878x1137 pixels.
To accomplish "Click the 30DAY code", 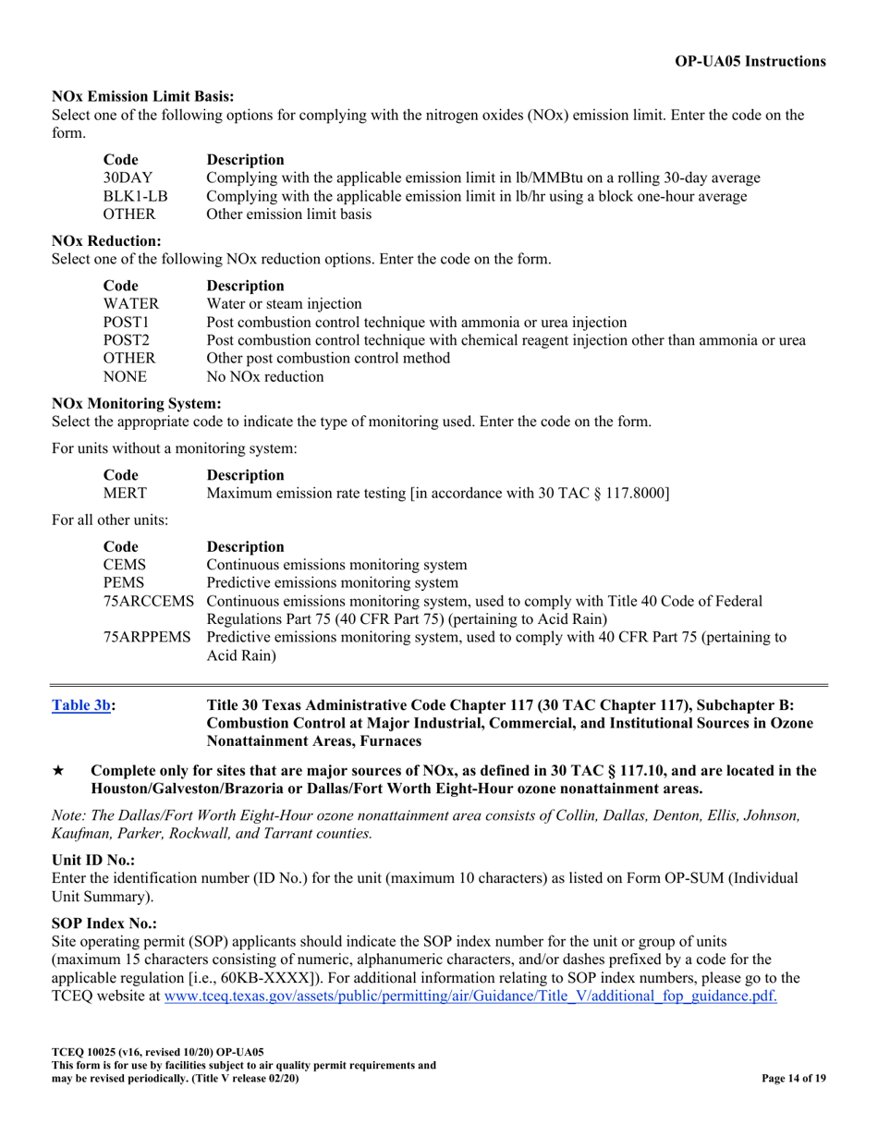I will [128, 177].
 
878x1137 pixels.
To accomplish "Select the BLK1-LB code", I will [135, 196].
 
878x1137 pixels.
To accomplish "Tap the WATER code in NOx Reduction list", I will [130, 303].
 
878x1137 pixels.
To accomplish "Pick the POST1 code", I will [126, 322].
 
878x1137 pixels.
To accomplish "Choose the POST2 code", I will [126, 340].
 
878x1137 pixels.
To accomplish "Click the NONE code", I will [125, 377].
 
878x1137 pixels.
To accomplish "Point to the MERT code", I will [125, 494].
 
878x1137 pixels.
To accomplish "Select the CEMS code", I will [124, 565].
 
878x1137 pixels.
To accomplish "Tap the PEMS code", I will [124, 583].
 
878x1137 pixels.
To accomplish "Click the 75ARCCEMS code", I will [148, 602].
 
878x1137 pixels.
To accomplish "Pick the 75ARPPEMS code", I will [148, 638].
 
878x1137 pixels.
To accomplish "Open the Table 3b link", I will [81, 705].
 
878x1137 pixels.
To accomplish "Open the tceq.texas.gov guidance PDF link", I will [470, 996].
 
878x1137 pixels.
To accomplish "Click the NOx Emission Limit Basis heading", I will [142, 96].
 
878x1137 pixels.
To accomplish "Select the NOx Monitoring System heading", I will [136, 403].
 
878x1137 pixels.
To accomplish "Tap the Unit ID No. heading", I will [93, 860].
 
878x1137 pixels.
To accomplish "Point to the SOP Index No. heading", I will [104, 923].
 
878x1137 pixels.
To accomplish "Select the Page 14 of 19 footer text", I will [793, 1079].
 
